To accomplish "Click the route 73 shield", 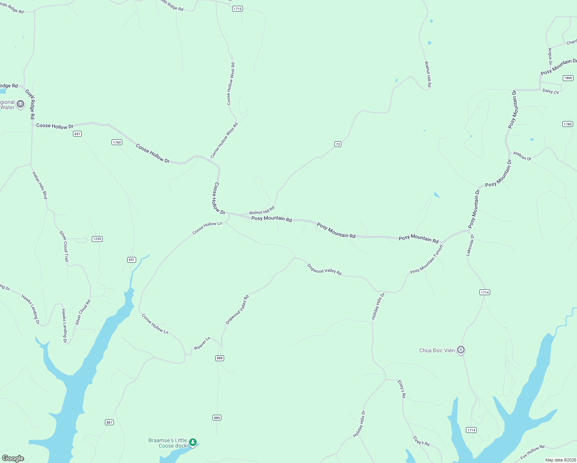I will point(337,144).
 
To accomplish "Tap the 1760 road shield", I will point(117,142).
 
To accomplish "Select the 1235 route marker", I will point(97,239).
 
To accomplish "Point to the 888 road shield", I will point(219,358).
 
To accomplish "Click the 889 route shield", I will point(217,418).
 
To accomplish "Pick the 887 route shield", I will point(110,422).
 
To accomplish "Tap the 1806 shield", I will point(568,78).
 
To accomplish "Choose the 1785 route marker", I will point(567,124).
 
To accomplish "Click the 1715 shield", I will point(238,9).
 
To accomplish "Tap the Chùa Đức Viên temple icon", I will point(461,350).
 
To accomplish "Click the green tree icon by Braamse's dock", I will point(193,442).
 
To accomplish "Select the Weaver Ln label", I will point(202,343).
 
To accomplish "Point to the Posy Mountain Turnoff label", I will point(427,259).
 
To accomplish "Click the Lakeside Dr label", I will point(470,245).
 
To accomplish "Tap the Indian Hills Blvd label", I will point(40,185).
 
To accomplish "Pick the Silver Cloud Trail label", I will point(64,246).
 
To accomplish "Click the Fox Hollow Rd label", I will point(532,452).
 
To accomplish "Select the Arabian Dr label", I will point(522,156).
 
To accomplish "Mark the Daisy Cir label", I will point(550,91).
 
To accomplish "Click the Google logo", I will point(13,458).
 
